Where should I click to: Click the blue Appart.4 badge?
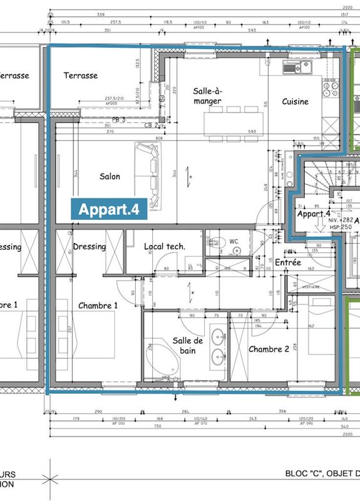[109, 209]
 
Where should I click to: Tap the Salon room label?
[110, 177]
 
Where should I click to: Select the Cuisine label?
[295, 101]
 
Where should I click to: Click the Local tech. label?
[164, 247]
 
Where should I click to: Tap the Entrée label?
[288, 262]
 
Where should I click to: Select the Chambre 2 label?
[269, 349]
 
